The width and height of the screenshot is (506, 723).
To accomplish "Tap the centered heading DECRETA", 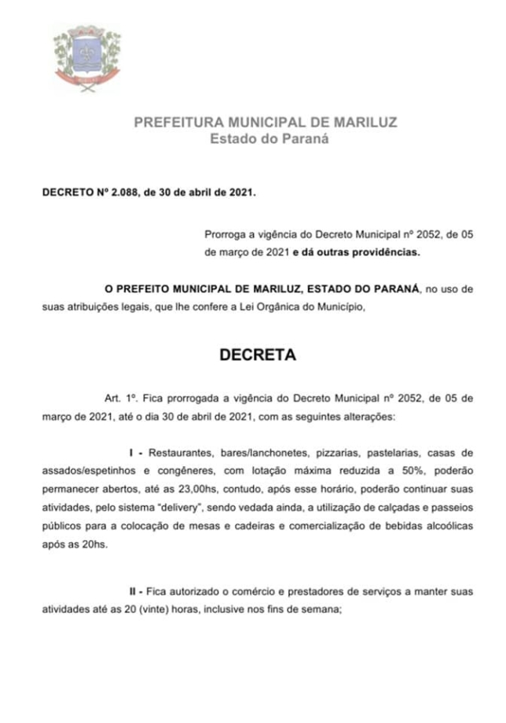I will [x=257, y=354].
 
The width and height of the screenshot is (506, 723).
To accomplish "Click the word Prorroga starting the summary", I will [x=225, y=234].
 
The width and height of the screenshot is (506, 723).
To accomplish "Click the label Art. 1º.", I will [x=119, y=398].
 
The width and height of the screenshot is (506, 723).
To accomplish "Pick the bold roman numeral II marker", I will [x=134, y=590].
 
